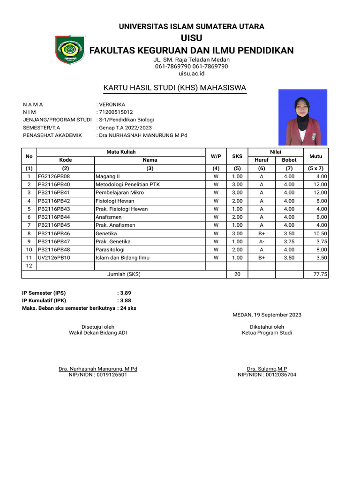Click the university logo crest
70,49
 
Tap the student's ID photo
303,117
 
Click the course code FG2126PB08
54,176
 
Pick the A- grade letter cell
262,241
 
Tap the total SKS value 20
237,274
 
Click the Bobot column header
289,160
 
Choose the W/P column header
216,156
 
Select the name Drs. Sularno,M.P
267,369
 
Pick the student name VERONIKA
112,105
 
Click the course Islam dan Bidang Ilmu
120,258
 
